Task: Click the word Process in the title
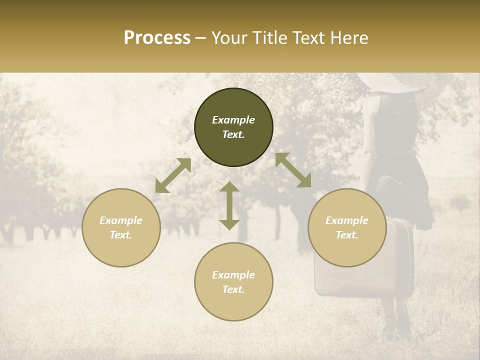157,38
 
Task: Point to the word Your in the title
230,38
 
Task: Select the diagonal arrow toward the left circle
173,175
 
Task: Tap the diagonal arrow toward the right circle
293,170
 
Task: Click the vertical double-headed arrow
229,205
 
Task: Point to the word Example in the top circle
233,120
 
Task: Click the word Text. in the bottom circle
233,289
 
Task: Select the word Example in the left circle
121,220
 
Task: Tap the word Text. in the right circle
347,235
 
